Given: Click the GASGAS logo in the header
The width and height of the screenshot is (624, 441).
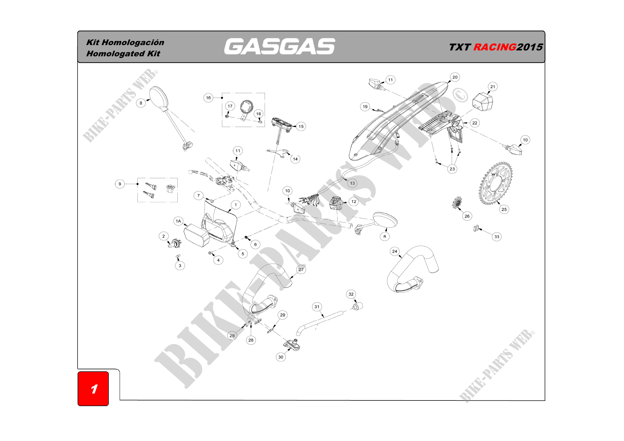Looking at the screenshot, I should [279, 46].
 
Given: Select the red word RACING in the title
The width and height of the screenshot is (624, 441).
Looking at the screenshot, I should [495, 47].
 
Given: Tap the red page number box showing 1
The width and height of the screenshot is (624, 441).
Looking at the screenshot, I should [93, 388].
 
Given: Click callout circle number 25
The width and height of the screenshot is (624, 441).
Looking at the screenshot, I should [504, 209].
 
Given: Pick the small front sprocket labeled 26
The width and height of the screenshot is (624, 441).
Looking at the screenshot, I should [457, 203].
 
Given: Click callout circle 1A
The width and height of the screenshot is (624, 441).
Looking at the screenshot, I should [178, 221].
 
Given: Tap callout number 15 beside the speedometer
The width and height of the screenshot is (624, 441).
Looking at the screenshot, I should [301, 127].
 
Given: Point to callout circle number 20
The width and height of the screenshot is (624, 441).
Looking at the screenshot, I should [455, 77].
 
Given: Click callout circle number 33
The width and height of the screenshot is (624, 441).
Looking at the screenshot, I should [496, 237].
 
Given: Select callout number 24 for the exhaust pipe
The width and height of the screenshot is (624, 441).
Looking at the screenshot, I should [395, 252].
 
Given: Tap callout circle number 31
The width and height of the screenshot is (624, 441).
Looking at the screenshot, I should [317, 307].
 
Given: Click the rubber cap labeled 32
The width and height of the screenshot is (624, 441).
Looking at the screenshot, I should [358, 306].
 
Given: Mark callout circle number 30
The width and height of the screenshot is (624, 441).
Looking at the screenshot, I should [281, 357].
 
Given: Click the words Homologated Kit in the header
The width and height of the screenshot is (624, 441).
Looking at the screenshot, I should [123, 54].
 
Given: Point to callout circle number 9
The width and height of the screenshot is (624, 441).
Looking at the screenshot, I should [120, 184].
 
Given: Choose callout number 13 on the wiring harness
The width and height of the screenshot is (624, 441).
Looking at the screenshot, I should [352, 183].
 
